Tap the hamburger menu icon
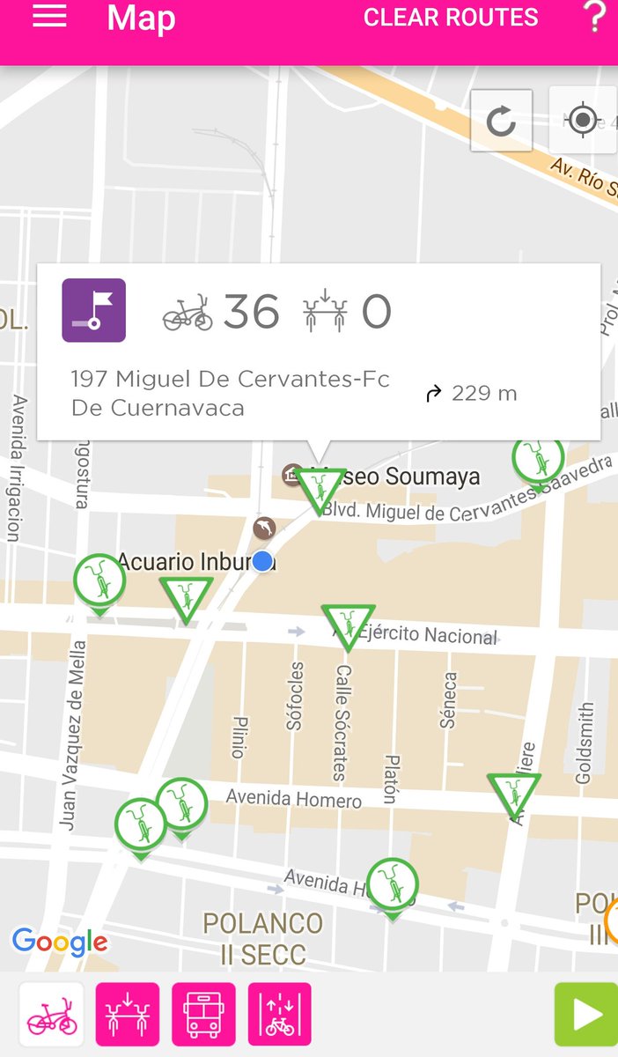pos(49,17)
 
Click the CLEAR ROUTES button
pos(451,18)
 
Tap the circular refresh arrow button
pos(501,121)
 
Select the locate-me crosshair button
pos(581,120)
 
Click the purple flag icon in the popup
pos(93,310)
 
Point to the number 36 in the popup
pos(251,312)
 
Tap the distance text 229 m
pos(483,394)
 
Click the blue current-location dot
pos(262,561)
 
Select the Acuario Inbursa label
pos(185,561)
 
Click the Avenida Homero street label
pos(293,799)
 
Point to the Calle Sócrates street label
pos(342,722)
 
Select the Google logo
pos(60,942)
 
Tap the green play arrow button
pos(586,1014)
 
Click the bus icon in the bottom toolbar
pos(203,1014)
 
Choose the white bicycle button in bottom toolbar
pos(52,1014)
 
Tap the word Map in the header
pos(141,18)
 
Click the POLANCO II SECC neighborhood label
pos(262,938)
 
